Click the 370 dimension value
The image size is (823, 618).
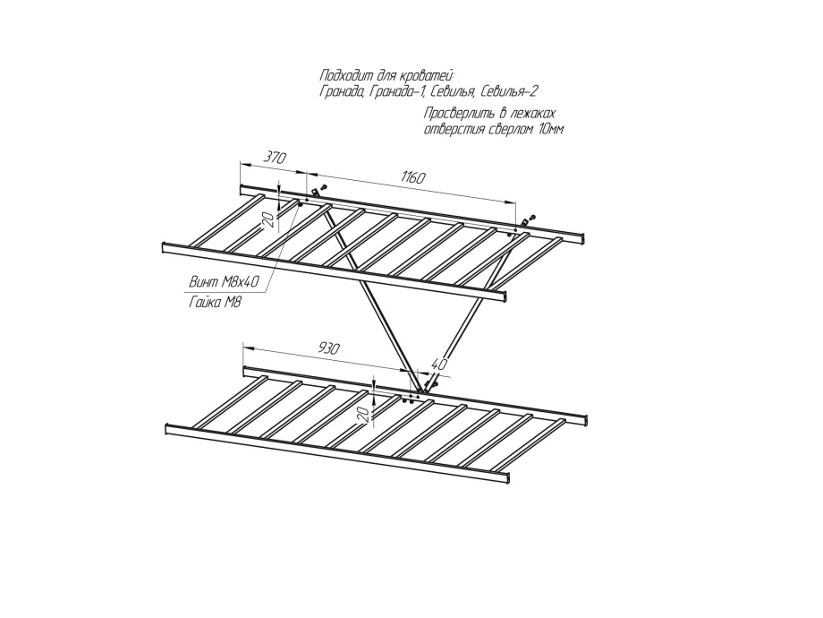click(x=274, y=158)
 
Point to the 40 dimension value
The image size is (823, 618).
click(x=437, y=365)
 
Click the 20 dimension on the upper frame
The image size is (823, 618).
click(x=266, y=219)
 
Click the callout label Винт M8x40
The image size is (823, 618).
click(x=224, y=282)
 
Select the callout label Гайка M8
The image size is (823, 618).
click(x=216, y=303)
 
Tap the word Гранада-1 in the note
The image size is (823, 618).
click(x=395, y=91)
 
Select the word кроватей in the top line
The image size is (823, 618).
click(x=428, y=74)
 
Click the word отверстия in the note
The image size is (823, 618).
click(x=454, y=130)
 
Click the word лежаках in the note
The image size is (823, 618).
click(x=532, y=114)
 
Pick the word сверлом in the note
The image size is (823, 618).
click(x=505, y=130)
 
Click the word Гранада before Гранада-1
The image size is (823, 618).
click(x=341, y=91)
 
